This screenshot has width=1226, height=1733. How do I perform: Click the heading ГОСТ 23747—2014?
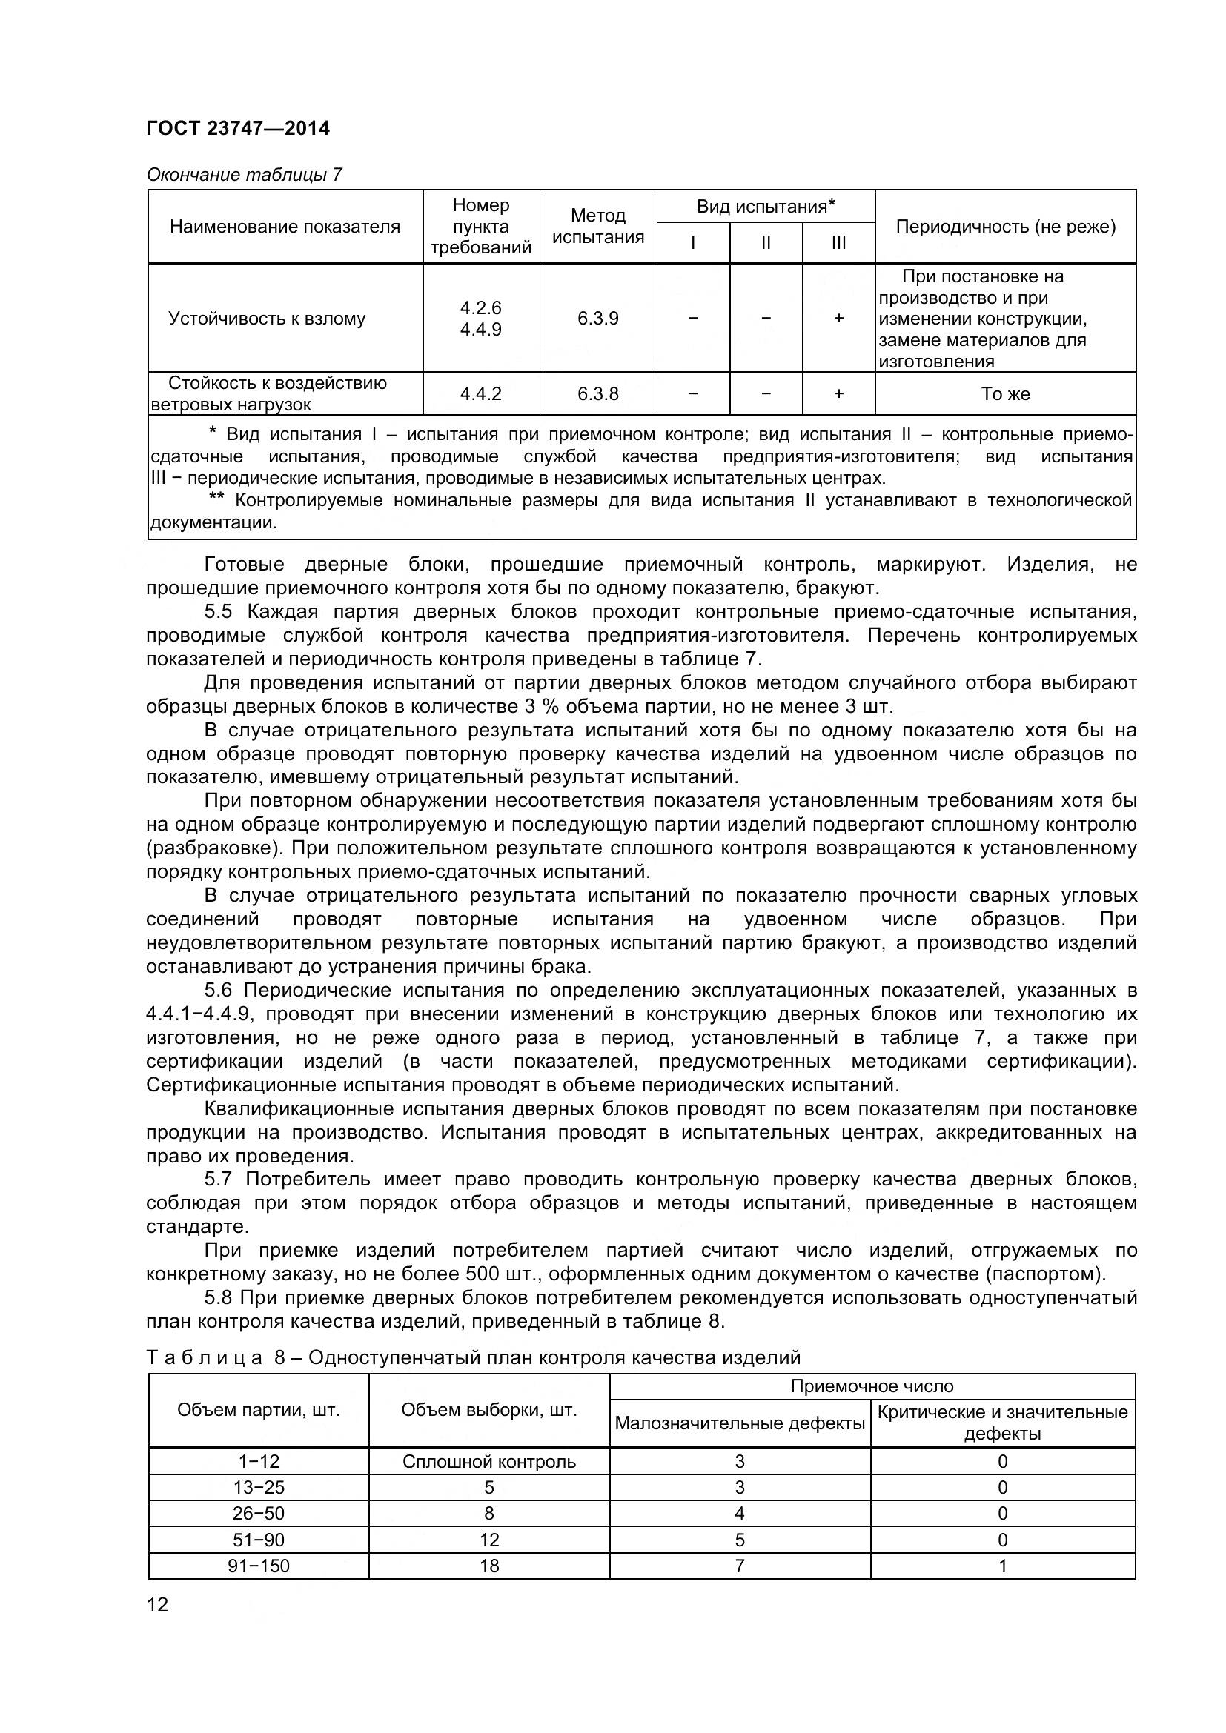[x=238, y=128]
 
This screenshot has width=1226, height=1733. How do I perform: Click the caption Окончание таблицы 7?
[x=244, y=175]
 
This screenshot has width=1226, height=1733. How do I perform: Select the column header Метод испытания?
[x=598, y=226]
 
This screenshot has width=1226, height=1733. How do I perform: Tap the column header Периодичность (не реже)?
[x=1005, y=227]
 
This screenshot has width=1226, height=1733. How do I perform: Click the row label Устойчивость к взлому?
[x=267, y=319]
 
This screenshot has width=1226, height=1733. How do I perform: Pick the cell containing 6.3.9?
[x=598, y=319]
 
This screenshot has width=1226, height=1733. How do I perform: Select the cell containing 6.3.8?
[x=598, y=394]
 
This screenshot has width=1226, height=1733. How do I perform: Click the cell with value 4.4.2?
[x=481, y=394]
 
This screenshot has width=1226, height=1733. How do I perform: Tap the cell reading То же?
[x=1005, y=394]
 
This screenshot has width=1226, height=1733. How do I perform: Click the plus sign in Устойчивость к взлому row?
[x=838, y=319]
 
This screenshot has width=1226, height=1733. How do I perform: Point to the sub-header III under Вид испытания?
[x=838, y=243]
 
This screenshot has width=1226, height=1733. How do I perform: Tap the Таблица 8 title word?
[x=204, y=1358]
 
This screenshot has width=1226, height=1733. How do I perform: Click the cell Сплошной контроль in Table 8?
[x=488, y=1461]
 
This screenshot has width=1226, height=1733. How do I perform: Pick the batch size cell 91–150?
[x=258, y=1566]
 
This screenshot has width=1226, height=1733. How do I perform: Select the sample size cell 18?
[x=488, y=1566]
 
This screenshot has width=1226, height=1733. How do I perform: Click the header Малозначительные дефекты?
[x=739, y=1423]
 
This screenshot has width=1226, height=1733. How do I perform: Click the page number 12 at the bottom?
[x=158, y=1605]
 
